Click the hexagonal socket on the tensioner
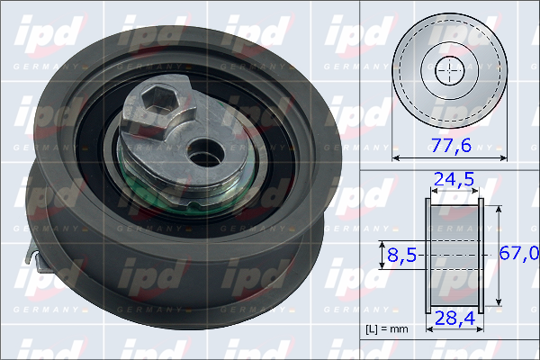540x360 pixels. point(158,99)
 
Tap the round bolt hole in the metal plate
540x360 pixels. point(205,153)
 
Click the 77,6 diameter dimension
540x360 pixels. point(451,145)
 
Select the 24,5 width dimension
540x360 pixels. point(454,179)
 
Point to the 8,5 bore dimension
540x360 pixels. point(402,255)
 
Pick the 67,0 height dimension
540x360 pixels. point(519,254)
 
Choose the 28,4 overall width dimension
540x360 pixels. point(454,319)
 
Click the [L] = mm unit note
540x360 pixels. point(387,329)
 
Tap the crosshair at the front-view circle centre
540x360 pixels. point(450,70)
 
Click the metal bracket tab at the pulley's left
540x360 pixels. point(35,256)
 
